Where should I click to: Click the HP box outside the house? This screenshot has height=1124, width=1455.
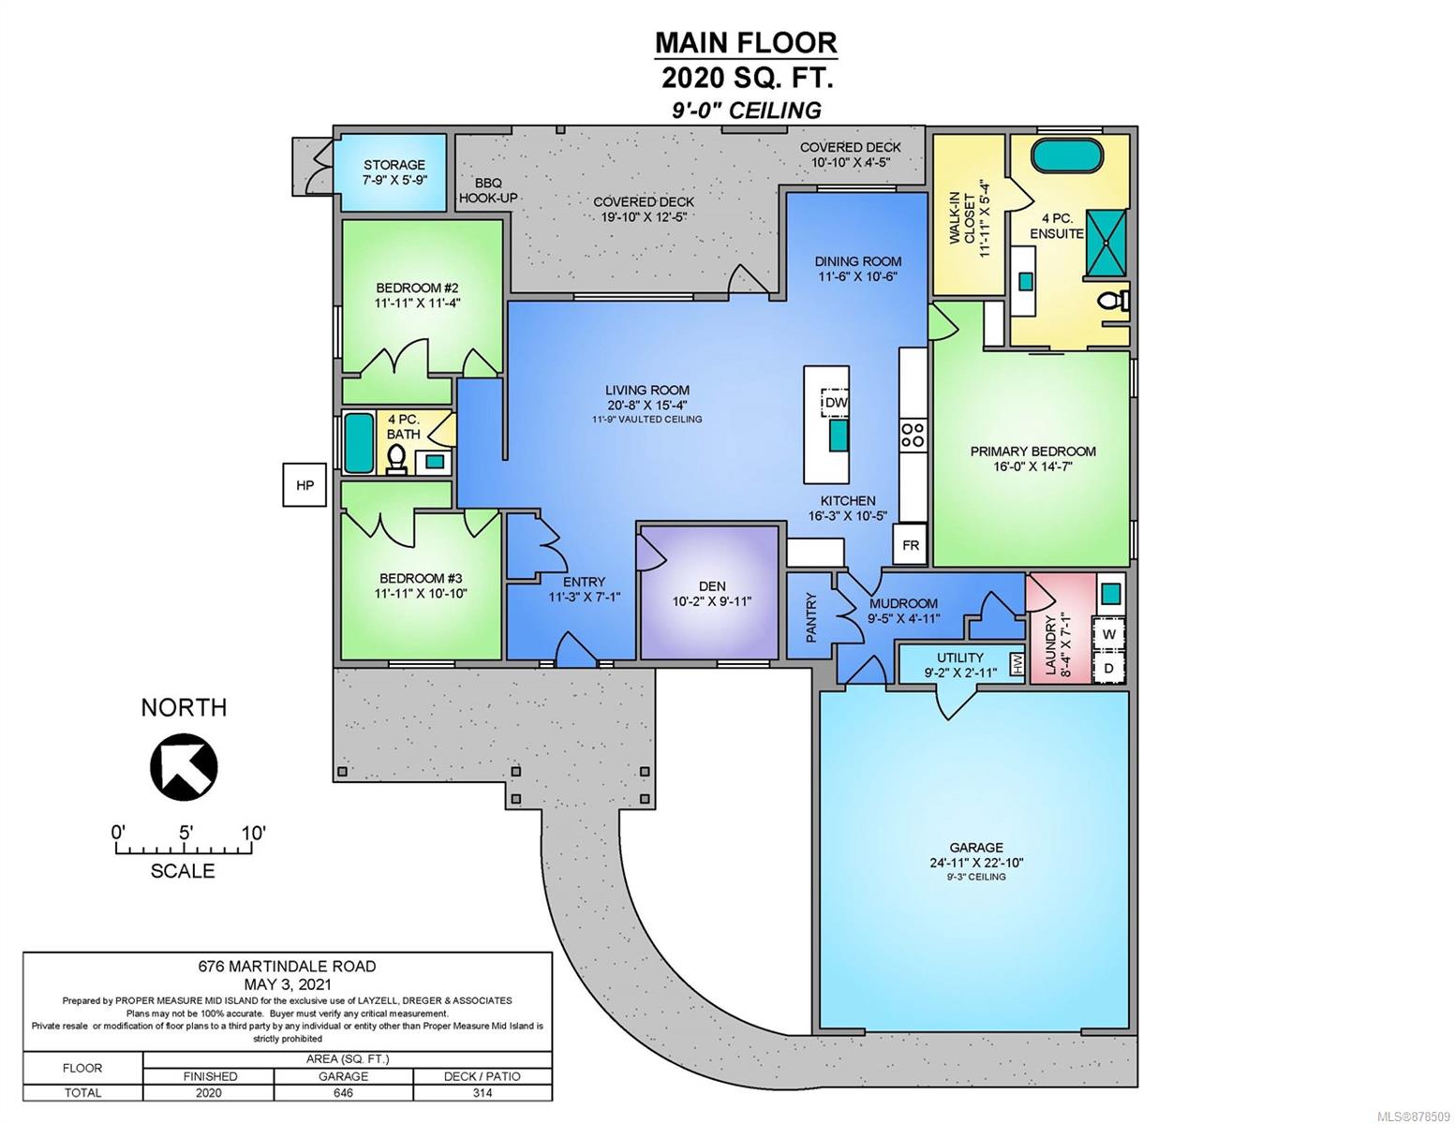(304, 484)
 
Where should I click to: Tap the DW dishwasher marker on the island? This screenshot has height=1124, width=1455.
(834, 403)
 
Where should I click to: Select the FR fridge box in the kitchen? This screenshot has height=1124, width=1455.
(910, 544)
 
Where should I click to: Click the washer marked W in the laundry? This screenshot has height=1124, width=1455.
(1109, 634)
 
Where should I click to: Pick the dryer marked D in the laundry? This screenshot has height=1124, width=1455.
(1109, 668)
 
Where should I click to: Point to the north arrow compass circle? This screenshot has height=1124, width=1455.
(184, 767)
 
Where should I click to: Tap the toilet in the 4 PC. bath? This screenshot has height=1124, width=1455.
(396, 460)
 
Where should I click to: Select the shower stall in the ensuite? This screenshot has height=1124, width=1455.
(1106, 243)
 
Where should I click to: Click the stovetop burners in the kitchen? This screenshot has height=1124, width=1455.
(913, 435)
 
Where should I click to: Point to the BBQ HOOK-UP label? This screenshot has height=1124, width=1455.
(488, 190)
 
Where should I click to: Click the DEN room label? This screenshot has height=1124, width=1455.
(712, 585)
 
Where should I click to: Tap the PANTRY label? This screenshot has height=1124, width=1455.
(810, 617)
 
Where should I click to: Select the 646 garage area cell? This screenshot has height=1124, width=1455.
(343, 1092)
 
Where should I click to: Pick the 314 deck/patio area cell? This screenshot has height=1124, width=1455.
(483, 1092)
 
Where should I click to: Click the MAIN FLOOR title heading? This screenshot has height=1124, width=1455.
(746, 43)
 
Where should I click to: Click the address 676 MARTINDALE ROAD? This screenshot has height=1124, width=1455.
(288, 966)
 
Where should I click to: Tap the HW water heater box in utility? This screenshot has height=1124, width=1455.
(1017, 664)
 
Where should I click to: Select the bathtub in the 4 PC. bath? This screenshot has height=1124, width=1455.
(358, 442)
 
